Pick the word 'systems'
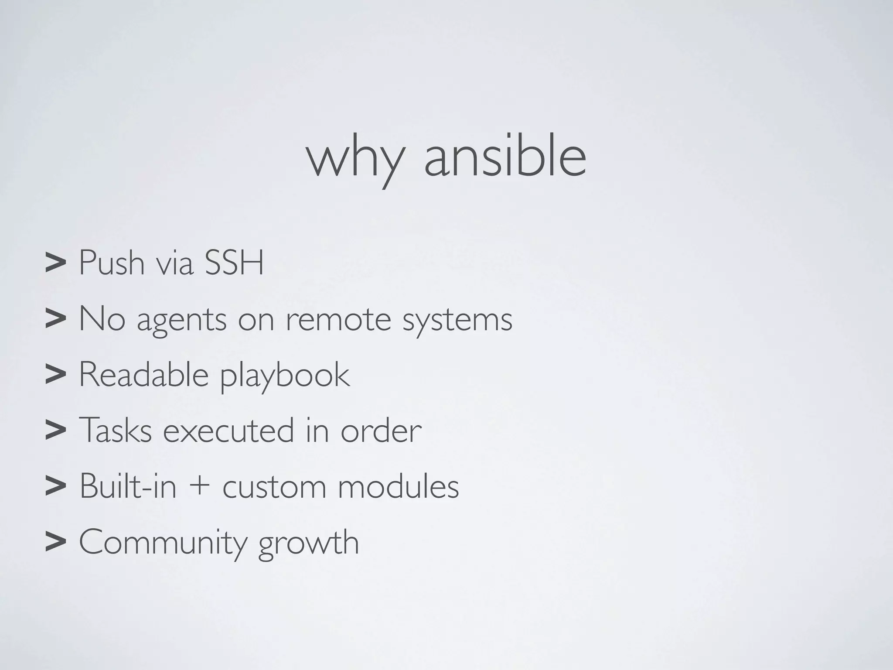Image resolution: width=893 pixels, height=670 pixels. [457, 321]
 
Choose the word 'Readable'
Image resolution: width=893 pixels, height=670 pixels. [143, 375]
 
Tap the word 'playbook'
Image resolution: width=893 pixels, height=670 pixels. [284, 376]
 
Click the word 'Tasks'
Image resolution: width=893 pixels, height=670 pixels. [115, 431]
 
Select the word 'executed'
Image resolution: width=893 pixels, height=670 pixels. [228, 431]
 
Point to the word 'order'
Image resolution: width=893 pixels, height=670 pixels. [381, 431]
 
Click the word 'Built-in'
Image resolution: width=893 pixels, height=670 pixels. [128, 486]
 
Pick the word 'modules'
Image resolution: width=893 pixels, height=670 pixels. [398, 486]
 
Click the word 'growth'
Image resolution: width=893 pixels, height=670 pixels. [308, 543]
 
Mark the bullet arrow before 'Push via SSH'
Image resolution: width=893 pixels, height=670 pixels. [55, 263]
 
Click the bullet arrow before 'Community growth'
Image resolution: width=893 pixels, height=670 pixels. [55, 542]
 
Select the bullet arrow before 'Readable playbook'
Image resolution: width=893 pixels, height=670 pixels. [55, 375]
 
